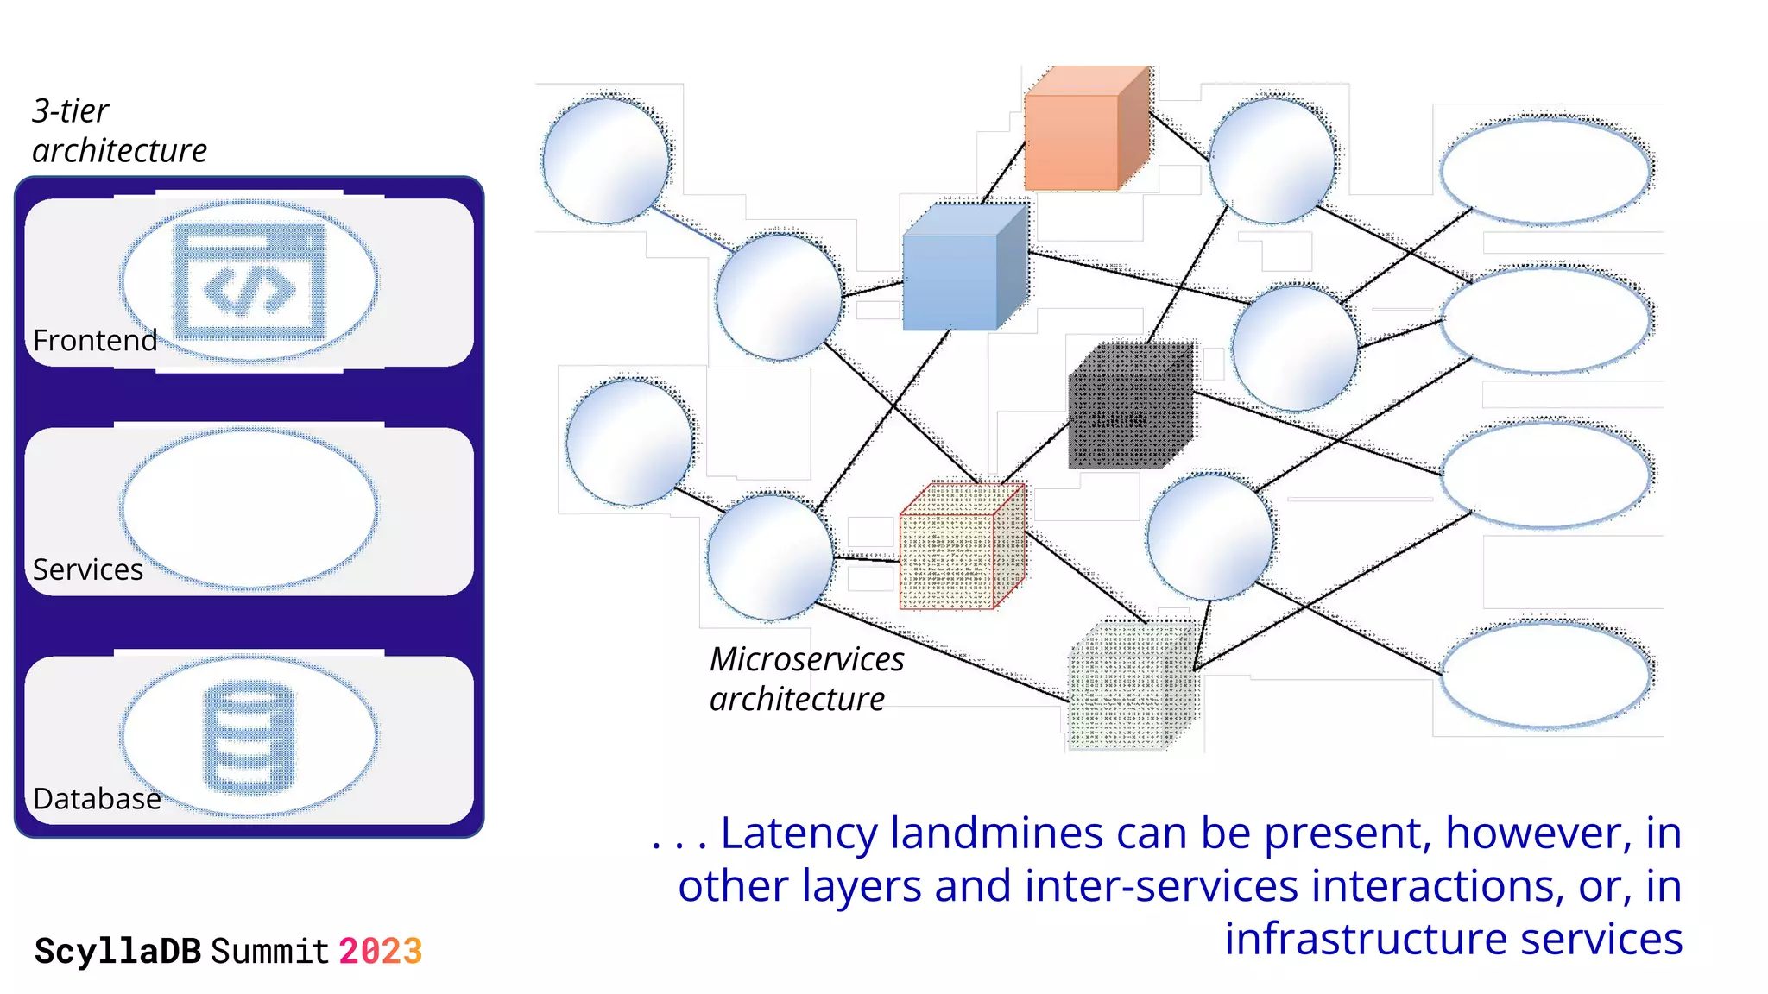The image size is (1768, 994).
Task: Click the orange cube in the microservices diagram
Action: [x=1083, y=134]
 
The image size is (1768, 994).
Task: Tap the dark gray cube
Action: [x=1127, y=410]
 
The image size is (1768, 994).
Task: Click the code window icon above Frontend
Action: [x=249, y=281]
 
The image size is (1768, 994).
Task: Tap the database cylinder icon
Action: [x=249, y=738]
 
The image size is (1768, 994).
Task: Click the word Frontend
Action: [x=95, y=341]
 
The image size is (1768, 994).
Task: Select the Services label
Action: [x=88, y=570]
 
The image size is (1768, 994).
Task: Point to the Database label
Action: [x=97, y=799]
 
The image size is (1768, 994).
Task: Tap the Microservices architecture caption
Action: [x=805, y=679]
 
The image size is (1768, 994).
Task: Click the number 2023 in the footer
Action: [x=380, y=952]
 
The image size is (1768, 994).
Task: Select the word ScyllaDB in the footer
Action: [x=117, y=952]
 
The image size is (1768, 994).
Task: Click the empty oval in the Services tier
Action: [x=249, y=509]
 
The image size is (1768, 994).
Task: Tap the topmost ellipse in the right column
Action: [x=1545, y=171]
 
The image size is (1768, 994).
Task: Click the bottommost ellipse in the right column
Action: [x=1545, y=675]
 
